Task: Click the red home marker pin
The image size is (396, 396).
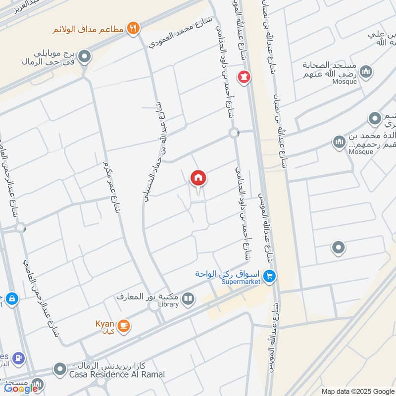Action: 198,178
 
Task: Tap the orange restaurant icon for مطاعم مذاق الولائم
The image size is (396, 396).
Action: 132,28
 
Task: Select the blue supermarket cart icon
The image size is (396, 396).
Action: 269,275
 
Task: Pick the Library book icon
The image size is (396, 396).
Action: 188,298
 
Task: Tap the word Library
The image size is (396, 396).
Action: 168,304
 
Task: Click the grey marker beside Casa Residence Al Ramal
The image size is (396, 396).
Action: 60,369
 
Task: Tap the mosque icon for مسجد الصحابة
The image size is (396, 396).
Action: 366,72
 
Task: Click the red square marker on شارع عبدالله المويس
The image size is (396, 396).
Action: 244,77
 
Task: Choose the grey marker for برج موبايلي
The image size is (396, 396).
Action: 85,57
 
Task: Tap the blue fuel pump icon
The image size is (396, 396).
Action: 19,357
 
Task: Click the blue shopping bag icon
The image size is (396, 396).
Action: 12,299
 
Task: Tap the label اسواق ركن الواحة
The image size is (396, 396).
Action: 228,274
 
